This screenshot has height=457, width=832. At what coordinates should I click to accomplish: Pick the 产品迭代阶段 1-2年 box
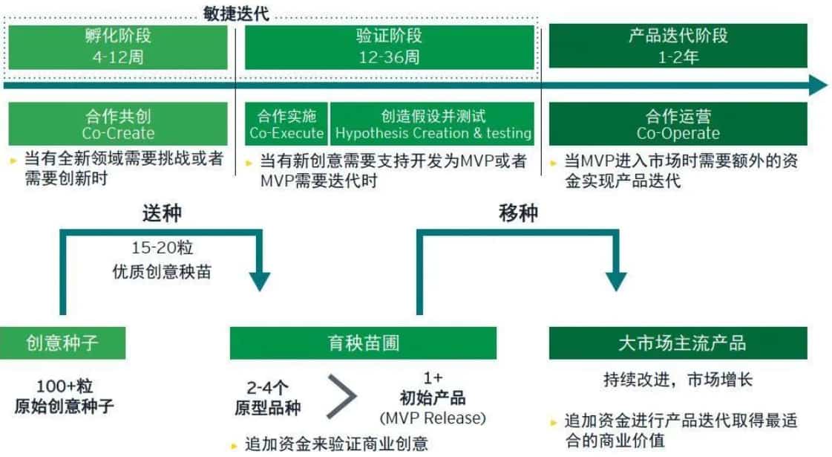pyautogui.click(x=678, y=46)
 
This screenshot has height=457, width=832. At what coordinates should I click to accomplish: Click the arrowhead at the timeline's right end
pyautogui.click(x=818, y=85)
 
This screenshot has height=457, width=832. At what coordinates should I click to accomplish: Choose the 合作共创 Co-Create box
pyautogui.click(x=118, y=124)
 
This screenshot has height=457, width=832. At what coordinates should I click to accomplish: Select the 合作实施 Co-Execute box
pyautogui.click(x=286, y=124)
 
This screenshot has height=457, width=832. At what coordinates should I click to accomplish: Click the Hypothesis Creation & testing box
pyautogui.click(x=433, y=124)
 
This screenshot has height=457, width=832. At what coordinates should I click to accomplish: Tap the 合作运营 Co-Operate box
pyautogui.click(x=678, y=124)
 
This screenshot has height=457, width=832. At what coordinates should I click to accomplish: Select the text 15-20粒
pyautogui.click(x=162, y=247)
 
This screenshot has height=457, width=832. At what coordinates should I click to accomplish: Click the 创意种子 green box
pyautogui.click(x=62, y=343)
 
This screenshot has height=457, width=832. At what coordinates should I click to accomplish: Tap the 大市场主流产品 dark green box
pyautogui.click(x=678, y=343)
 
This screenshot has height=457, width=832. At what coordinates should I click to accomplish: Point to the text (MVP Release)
pyautogui.click(x=433, y=418)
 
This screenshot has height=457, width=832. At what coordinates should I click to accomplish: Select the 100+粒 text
pyautogui.click(x=65, y=386)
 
